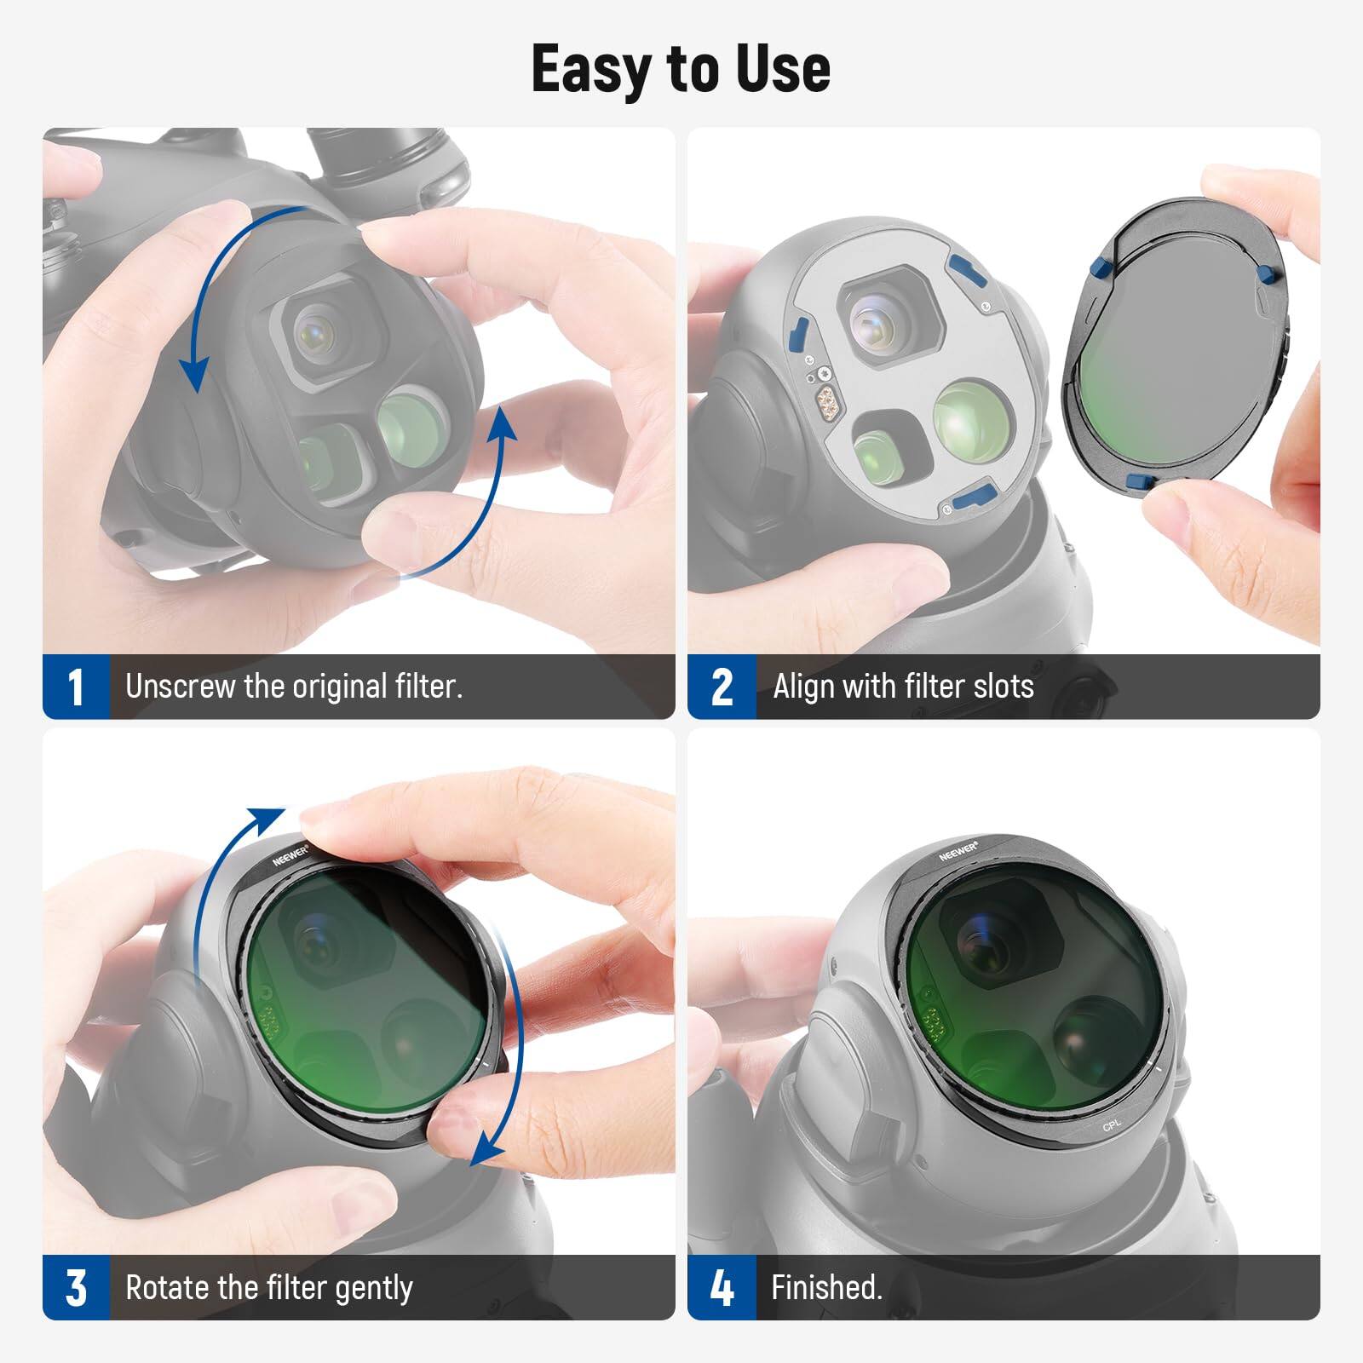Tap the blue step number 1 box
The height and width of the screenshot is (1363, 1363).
pyautogui.click(x=76, y=687)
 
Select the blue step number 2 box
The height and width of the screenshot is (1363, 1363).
pyautogui.click(x=722, y=687)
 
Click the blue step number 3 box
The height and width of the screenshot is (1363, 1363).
pyautogui.click(x=76, y=1287)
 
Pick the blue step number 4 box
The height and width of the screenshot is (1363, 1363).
pyautogui.click(x=722, y=1287)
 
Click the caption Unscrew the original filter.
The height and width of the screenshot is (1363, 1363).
pyautogui.click(x=294, y=687)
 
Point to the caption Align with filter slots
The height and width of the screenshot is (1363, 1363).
pyautogui.click(x=903, y=687)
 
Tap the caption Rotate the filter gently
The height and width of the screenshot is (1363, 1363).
pyautogui.click(x=269, y=1287)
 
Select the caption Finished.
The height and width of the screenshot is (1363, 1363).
pyautogui.click(x=826, y=1287)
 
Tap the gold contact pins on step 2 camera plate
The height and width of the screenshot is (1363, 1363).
pyautogui.click(x=825, y=399)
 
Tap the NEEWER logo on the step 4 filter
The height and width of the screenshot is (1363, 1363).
pyautogui.click(x=958, y=850)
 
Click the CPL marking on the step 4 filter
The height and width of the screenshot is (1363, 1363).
pyautogui.click(x=1112, y=1126)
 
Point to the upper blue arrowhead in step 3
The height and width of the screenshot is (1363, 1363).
pyautogui.click(x=268, y=818)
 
